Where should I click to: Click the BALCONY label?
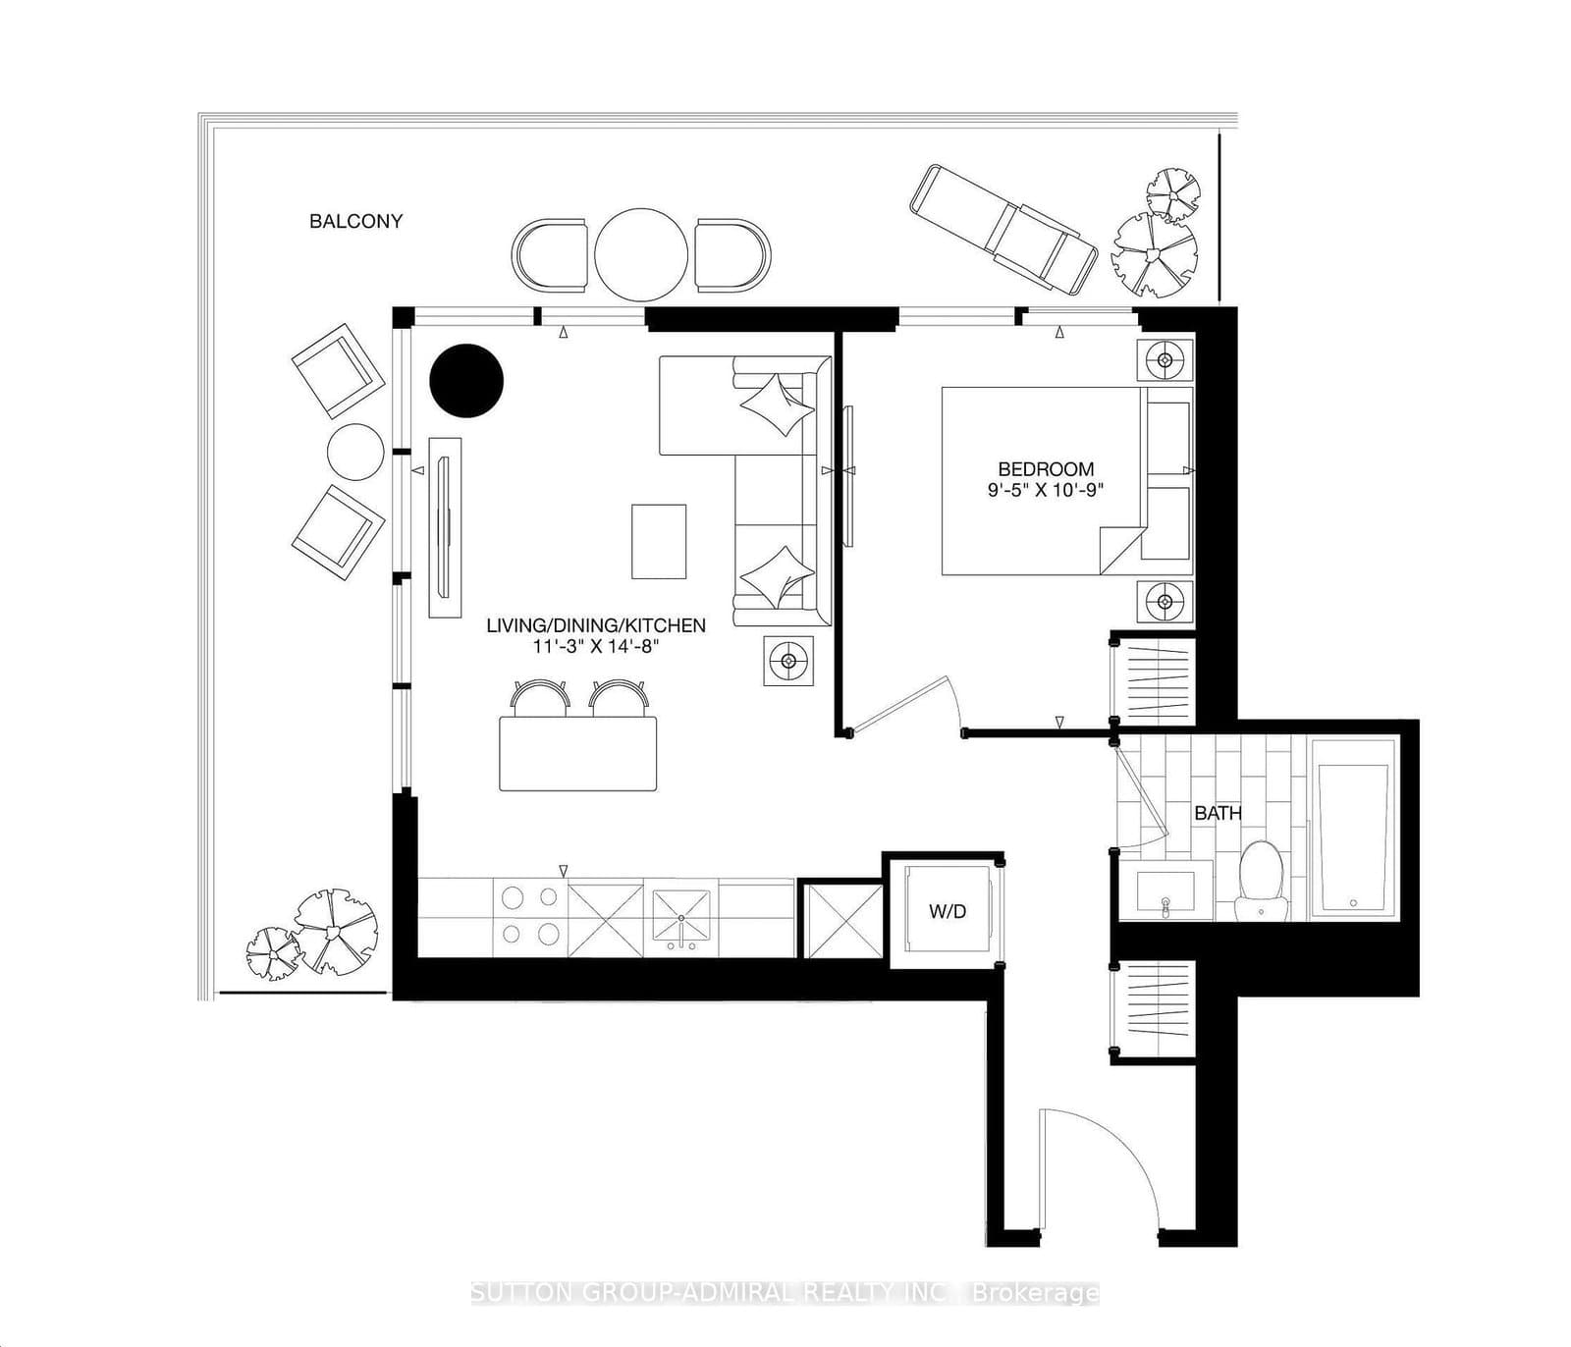tap(355, 221)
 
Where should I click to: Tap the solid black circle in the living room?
tap(466, 380)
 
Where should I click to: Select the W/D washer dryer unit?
tap(947, 911)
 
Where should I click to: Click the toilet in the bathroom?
tap(1263, 880)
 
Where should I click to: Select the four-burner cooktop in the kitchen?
tap(529, 915)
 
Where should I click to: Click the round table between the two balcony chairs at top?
tap(641, 254)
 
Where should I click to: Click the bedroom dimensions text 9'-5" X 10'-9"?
tap(1046, 489)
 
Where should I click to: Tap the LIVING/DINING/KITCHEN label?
tap(596, 625)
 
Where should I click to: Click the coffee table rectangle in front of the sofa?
tap(658, 541)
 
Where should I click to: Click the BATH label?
tap(1218, 813)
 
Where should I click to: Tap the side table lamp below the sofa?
tap(788, 661)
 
